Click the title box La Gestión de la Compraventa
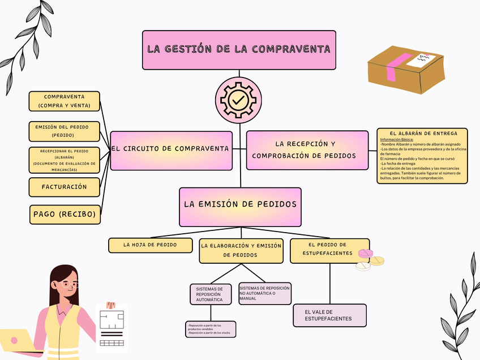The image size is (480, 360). (x=239, y=50)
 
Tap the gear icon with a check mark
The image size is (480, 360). (x=239, y=100)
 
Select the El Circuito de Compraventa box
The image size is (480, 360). (x=171, y=150)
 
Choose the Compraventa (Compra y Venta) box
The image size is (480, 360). (x=64, y=101)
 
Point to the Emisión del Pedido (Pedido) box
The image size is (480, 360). (x=64, y=131)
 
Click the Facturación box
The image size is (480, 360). (x=64, y=186)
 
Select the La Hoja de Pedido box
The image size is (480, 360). (x=150, y=245)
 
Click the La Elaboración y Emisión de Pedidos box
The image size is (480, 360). (x=241, y=251)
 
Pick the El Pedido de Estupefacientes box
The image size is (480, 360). (x=329, y=250)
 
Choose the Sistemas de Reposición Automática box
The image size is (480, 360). (x=209, y=294)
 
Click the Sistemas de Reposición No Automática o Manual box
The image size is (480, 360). (x=265, y=293)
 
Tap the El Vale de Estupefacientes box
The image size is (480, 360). (x=329, y=315)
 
